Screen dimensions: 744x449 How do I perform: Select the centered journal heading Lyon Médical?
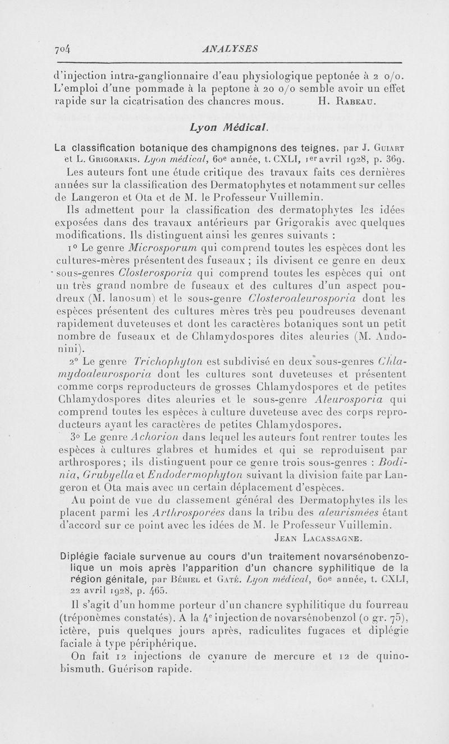[224, 127]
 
